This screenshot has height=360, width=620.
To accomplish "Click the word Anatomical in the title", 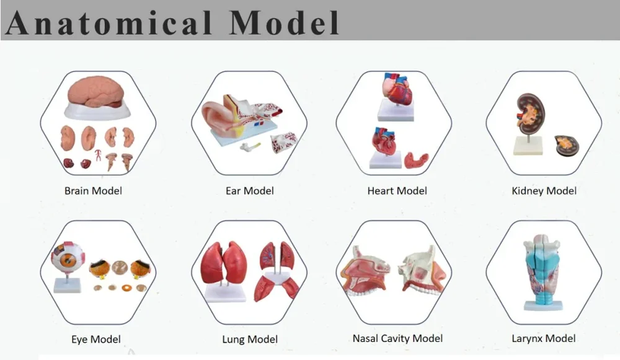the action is (109, 22).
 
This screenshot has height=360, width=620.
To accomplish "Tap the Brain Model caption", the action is (94, 191).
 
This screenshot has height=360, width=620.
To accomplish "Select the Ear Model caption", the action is (249, 191).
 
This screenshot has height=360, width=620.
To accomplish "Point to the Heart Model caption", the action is (397, 191).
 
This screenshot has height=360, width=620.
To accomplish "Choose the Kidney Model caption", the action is (544, 191).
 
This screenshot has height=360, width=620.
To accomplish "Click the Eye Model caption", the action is (96, 340).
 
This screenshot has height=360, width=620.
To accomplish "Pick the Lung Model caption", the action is (250, 340).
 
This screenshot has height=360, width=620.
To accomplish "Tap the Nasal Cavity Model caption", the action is (397, 339).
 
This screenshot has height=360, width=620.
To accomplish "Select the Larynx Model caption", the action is (544, 339).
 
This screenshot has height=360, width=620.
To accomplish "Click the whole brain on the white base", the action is (95, 92).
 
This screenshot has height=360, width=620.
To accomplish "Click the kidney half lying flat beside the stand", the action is (569, 146).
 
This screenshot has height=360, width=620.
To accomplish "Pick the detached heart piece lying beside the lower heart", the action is (417, 160).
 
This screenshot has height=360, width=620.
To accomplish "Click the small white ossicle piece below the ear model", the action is (250, 147).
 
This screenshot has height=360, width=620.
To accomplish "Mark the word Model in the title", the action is (284, 22).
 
